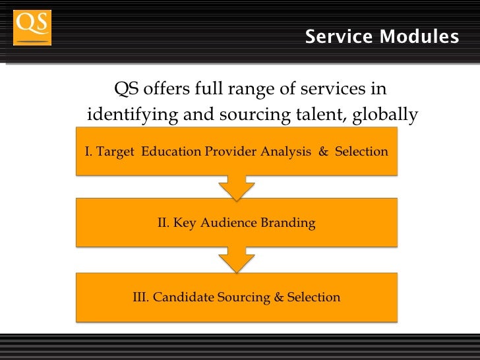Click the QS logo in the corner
32,27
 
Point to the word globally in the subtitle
385,116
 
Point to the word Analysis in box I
285,152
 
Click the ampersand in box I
323,152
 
